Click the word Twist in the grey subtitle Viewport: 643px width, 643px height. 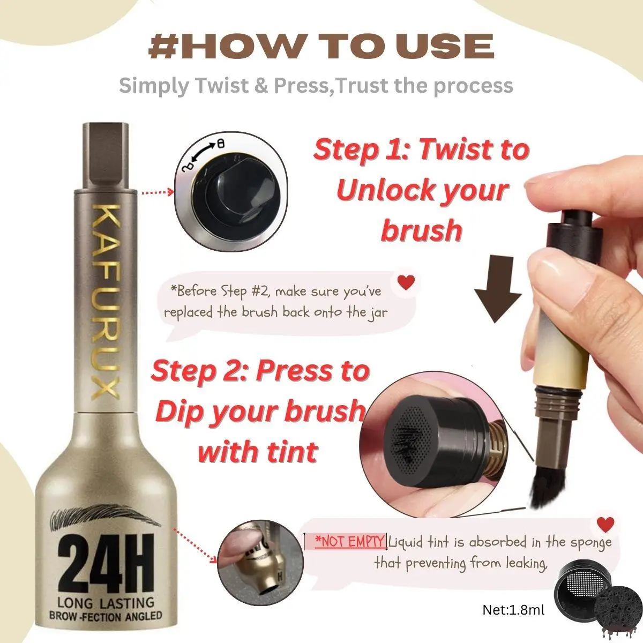[x=221, y=86]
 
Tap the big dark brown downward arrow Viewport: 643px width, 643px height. [x=498, y=289]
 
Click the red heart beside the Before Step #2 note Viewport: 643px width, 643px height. [x=406, y=282]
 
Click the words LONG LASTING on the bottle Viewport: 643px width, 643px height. [x=106, y=603]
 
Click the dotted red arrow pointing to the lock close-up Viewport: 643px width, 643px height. [x=156, y=192]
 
